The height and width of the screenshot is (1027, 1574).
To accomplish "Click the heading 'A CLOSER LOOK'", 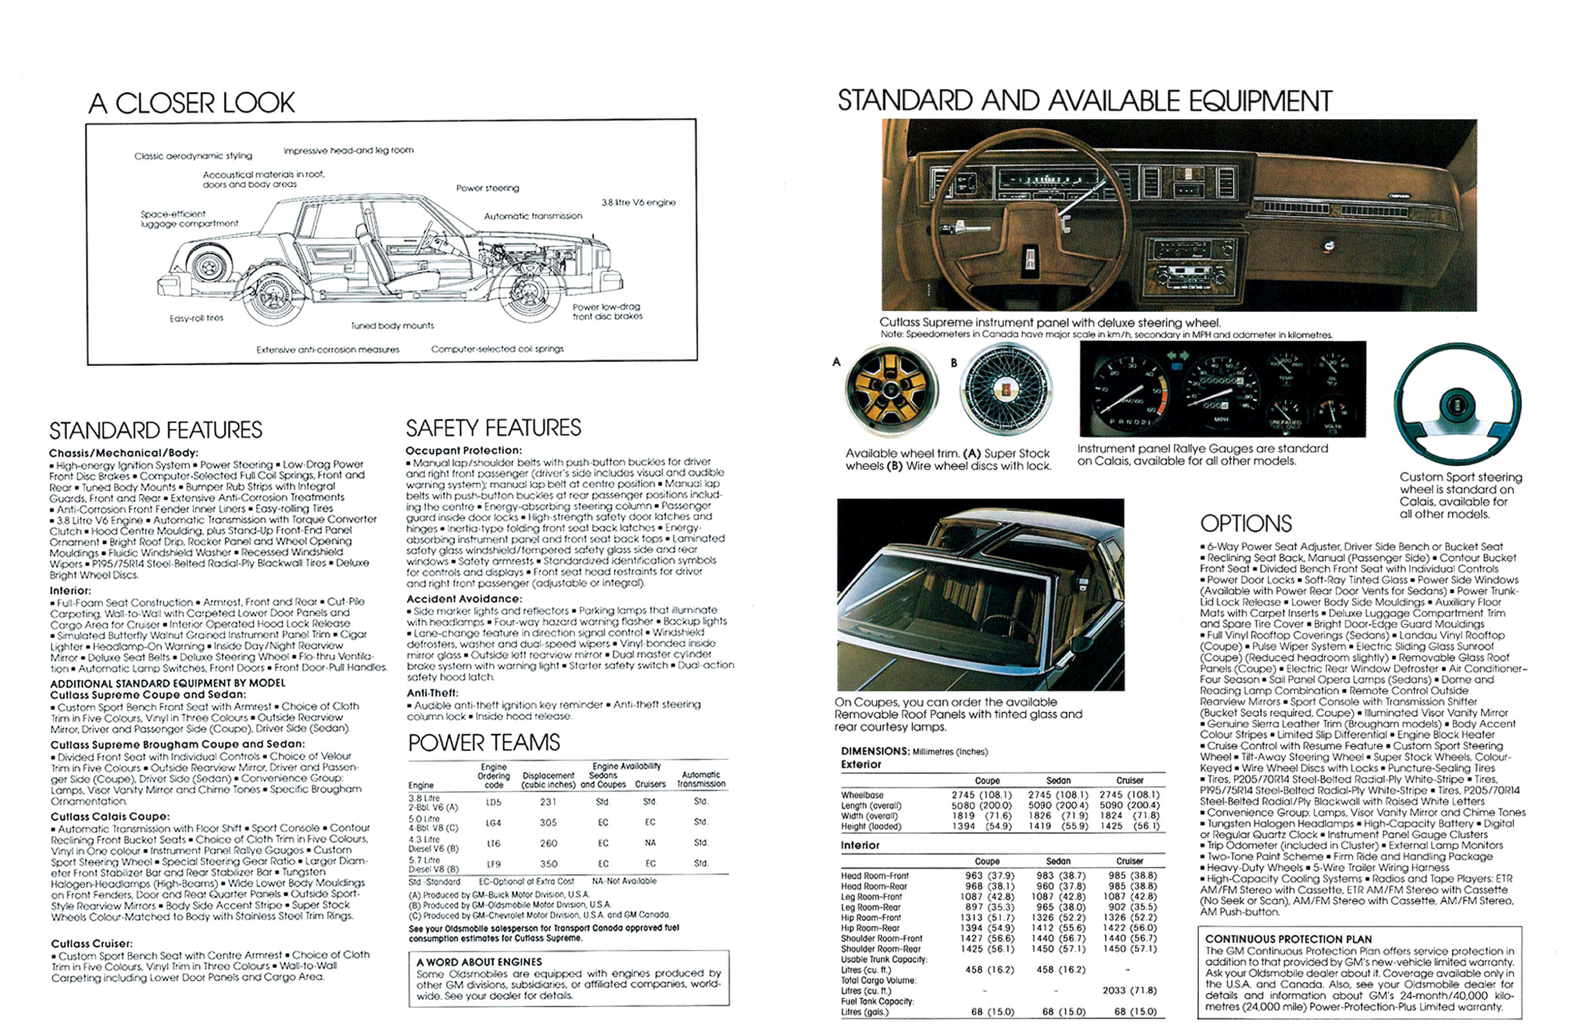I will click(x=192, y=103).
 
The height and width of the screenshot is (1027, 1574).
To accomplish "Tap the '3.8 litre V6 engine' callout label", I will click(x=638, y=203).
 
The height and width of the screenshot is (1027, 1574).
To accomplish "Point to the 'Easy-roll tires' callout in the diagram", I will click(x=196, y=318).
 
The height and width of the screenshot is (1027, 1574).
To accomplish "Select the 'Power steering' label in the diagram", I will click(x=487, y=188).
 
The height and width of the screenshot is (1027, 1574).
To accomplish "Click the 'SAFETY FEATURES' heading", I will click(x=494, y=428).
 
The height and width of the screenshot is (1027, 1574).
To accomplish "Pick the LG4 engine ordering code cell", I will click(x=494, y=823).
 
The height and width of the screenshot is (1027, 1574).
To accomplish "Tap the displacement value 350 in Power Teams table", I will click(x=548, y=864).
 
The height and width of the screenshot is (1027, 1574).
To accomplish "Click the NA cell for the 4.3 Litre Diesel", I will click(x=650, y=843).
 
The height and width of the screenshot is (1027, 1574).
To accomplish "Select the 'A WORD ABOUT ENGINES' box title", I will click(x=479, y=962).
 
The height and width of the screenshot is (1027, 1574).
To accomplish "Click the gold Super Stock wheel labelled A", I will click(x=891, y=390).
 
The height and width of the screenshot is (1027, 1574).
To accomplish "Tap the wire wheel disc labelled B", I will click(x=1005, y=389).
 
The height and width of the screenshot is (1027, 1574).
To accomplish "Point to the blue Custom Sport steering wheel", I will click(x=1457, y=404).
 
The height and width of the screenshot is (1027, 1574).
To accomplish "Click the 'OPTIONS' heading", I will click(x=1245, y=524).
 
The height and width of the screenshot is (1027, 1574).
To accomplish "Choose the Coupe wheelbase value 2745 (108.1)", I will click(x=981, y=795).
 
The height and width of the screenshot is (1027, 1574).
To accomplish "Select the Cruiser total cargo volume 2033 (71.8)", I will click(x=1129, y=990).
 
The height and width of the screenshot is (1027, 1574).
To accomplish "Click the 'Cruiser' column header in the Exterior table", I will click(x=1129, y=781).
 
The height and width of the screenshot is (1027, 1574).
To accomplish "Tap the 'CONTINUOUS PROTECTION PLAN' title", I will click(x=1288, y=939).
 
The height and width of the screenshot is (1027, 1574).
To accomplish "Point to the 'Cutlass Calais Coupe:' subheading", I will click(x=110, y=816).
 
